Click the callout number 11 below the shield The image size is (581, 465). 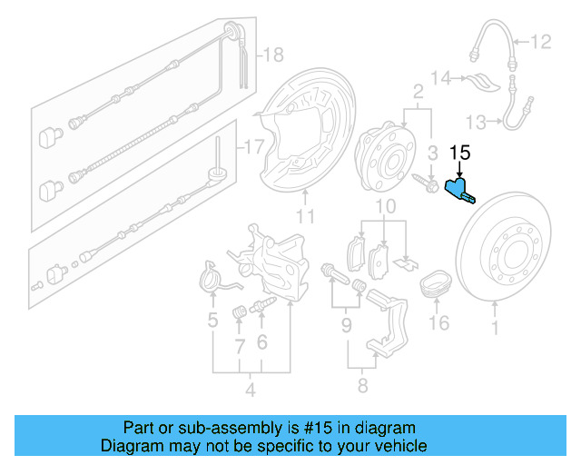[305, 216]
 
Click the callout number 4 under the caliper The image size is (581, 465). [250, 391]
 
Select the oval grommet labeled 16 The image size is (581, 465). [438, 286]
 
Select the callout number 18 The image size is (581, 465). [272, 55]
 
